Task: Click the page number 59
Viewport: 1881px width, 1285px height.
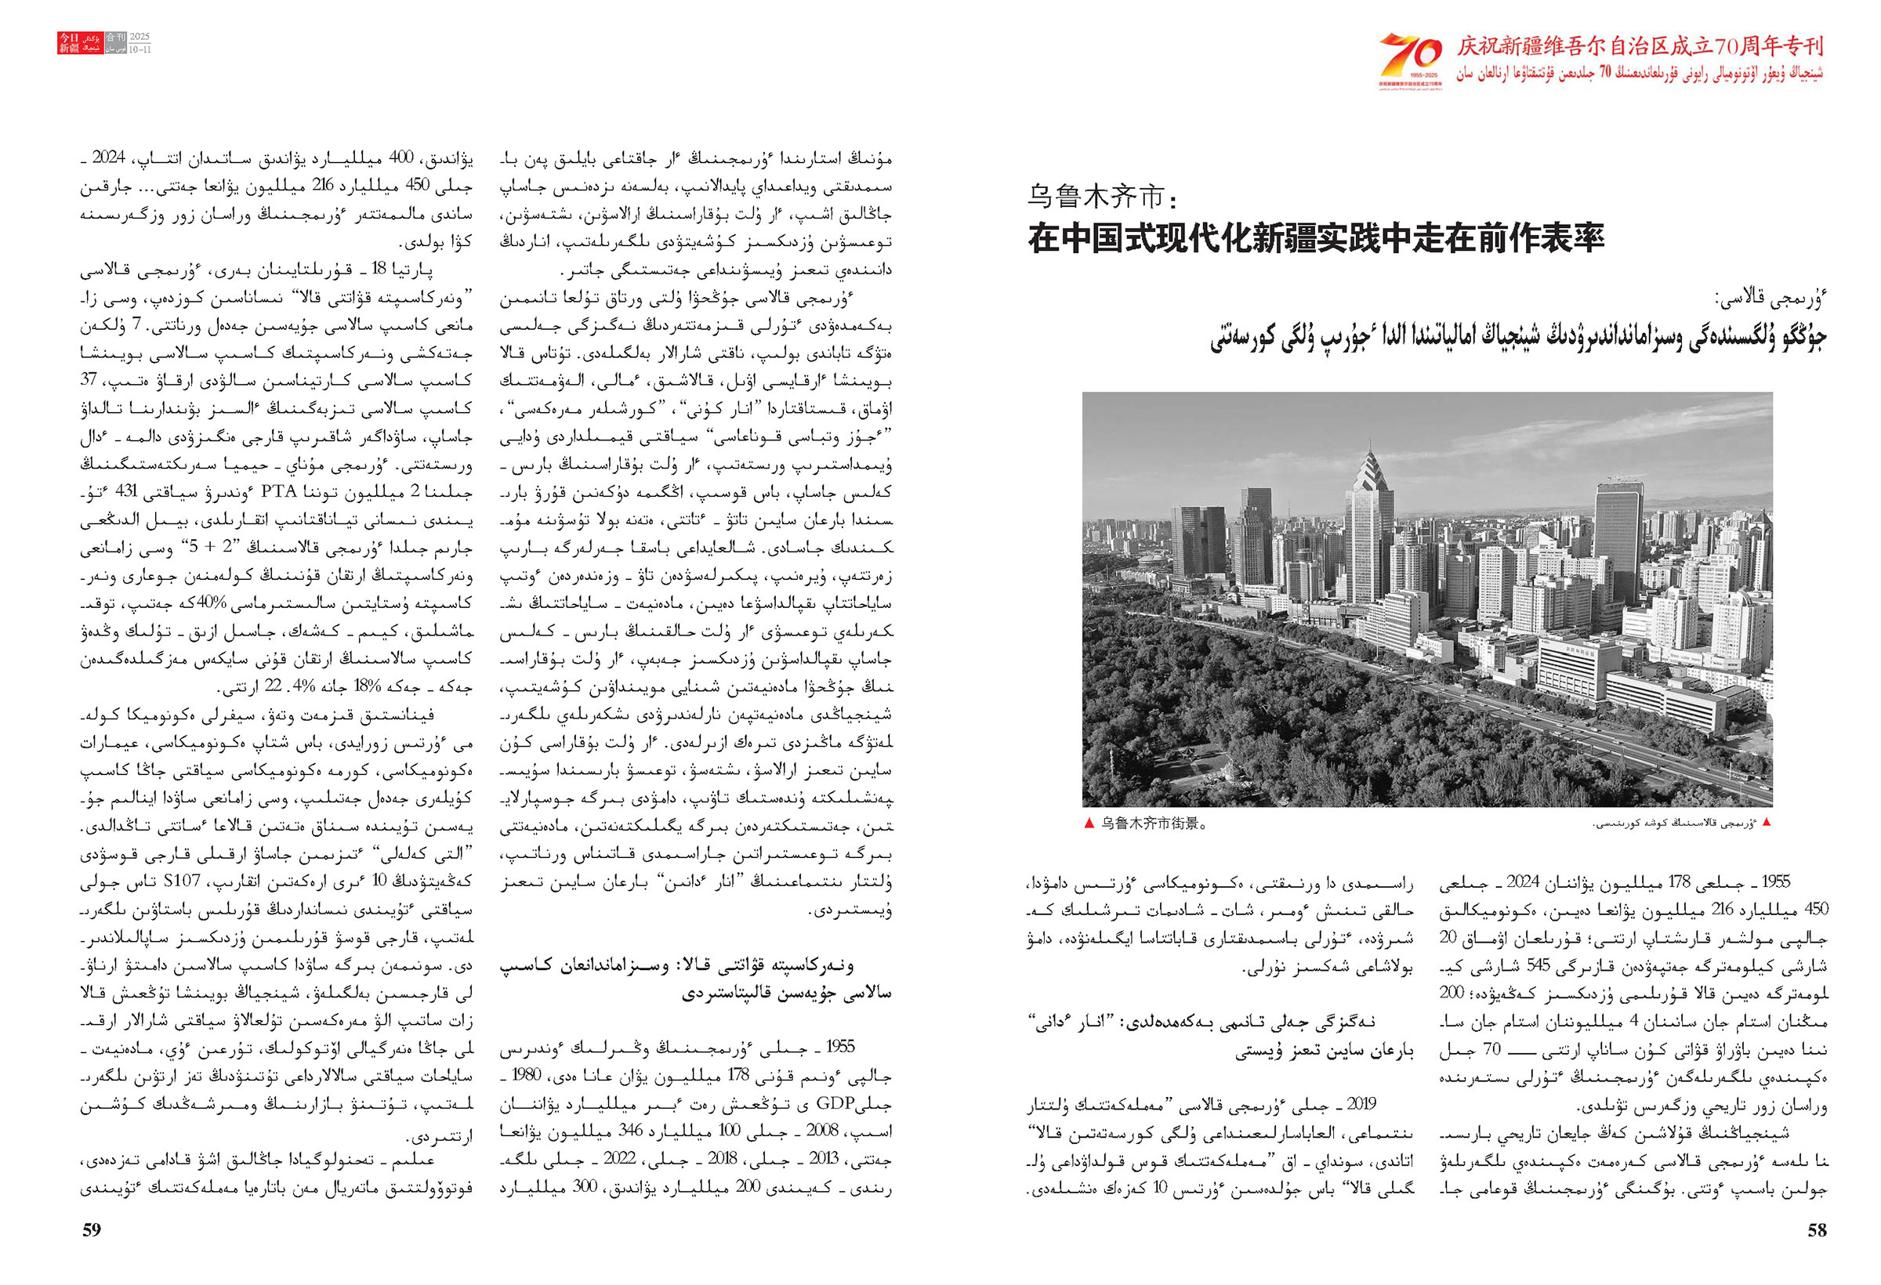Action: (x=92, y=1230)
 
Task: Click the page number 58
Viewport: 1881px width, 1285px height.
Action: (x=1816, y=1230)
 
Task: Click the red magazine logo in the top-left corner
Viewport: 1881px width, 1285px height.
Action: (x=69, y=43)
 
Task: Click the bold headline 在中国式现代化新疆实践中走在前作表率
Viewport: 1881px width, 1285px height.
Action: (x=1315, y=239)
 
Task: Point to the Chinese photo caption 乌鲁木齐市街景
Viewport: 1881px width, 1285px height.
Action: (x=1154, y=824)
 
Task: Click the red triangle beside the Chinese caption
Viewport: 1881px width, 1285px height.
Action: (x=1088, y=824)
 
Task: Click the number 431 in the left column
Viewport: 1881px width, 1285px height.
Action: (x=129, y=493)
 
